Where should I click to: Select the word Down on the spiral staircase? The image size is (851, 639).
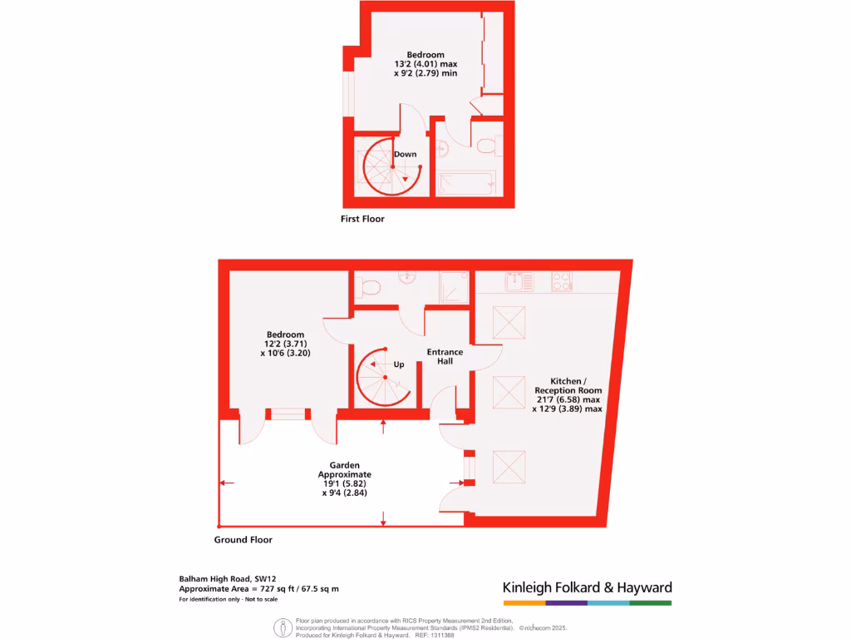406,154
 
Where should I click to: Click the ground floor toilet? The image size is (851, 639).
368,288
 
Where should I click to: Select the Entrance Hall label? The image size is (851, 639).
445,357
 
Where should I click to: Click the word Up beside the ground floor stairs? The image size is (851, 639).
399,364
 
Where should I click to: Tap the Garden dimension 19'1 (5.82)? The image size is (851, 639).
344,483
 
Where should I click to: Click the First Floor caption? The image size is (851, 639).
362,220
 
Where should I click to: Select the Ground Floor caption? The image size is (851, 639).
243,540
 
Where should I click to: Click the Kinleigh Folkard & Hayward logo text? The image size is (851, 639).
587,587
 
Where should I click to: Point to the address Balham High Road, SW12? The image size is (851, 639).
227,578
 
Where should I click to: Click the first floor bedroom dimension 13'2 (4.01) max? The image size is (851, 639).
425,64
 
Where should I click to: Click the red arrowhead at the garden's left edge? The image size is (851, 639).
224,483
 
